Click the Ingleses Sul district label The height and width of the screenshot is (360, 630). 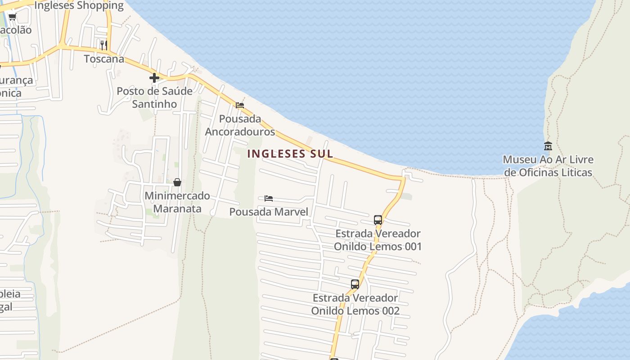coord(290,153)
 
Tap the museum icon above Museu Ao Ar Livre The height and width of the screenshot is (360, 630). coord(548,146)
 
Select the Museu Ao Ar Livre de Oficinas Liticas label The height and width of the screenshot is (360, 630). coord(548,166)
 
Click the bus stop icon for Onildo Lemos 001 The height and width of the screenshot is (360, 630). coord(378,220)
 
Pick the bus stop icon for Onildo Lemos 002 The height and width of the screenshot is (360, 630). coord(355,284)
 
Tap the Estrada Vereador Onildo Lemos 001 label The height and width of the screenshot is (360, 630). coord(378,240)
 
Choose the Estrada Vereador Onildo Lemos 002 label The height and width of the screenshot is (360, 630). coord(355,304)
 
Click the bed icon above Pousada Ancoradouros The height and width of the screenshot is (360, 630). coord(240,105)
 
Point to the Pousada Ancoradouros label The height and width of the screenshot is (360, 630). coord(240,125)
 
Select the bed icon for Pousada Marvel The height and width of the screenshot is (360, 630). coord(269,198)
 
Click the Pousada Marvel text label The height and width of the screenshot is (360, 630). coord(269,212)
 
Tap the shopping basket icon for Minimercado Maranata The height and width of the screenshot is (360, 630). coord(177,182)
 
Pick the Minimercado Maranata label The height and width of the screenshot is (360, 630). coord(177,202)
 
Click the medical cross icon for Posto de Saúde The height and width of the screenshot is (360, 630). coord(154,78)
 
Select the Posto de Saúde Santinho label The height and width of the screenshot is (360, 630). coord(154,97)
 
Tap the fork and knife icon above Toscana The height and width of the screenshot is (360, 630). coord(104,45)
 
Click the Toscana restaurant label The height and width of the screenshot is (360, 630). coord(104,59)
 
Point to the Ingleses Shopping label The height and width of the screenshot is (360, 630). coord(79,5)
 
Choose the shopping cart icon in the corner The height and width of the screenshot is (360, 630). coord(12,17)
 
